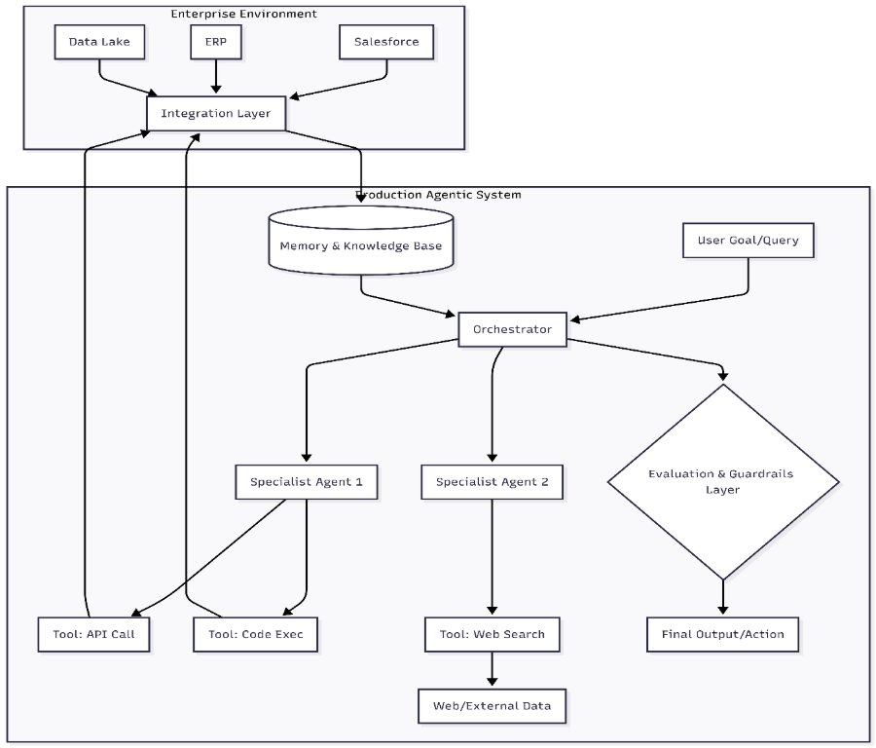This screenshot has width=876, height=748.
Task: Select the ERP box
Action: (216, 42)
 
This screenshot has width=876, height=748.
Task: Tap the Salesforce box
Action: (385, 42)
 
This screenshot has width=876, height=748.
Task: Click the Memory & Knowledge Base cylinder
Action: (360, 245)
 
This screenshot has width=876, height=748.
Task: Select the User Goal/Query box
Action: (748, 240)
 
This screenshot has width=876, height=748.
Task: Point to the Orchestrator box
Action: (512, 329)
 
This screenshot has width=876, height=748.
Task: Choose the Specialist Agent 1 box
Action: (307, 481)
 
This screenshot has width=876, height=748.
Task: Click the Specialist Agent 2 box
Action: (492, 481)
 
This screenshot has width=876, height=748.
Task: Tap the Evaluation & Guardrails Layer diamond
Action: (722, 482)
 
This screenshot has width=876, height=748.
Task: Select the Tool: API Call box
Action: (94, 635)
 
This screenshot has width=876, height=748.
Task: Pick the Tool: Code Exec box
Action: (256, 635)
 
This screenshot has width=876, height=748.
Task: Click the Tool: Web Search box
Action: (492, 635)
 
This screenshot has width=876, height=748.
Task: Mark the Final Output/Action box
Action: (722, 635)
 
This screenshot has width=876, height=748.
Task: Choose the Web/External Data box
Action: (492, 705)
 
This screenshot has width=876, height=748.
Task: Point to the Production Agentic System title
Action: (438, 195)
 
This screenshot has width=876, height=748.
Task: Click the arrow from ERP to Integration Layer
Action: (216, 76)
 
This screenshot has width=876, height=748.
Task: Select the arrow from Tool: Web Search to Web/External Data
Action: (492, 670)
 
